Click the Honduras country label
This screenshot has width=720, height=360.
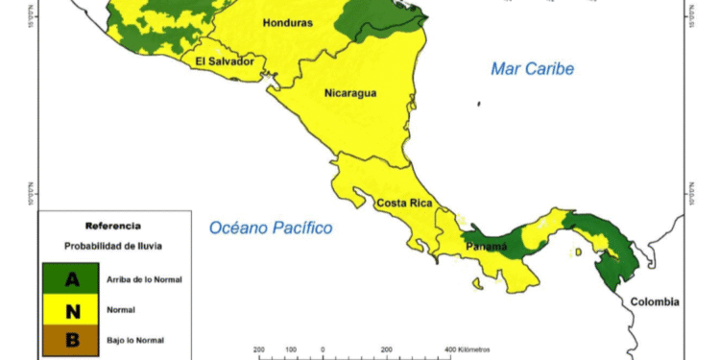tap(288, 23)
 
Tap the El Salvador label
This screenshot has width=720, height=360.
tap(225, 61)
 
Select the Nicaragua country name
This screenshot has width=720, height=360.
tap(349, 93)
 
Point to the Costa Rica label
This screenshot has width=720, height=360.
tap(403, 204)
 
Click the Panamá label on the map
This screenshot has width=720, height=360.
tap(487, 247)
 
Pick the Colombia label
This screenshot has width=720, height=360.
tap(655, 301)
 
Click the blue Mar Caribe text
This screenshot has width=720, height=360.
tap(532, 69)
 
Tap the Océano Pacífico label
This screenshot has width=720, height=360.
tap(271, 228)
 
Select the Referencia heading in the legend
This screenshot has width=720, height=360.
tap(113, 226)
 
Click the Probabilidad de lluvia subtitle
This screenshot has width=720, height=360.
tap(113, 247)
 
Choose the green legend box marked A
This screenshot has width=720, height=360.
tap(71, 279)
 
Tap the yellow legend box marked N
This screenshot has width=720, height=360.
tap(71, 310)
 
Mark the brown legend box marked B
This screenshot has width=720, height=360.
tap(71, 340)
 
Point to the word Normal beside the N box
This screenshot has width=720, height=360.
tap(123, 310)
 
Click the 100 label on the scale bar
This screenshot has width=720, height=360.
tap(290, 349)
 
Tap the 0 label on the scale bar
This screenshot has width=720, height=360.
tap(323, 349)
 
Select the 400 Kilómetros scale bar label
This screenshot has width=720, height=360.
tap(468, 349)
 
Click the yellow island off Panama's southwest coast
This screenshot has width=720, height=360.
tap(477, 282)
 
